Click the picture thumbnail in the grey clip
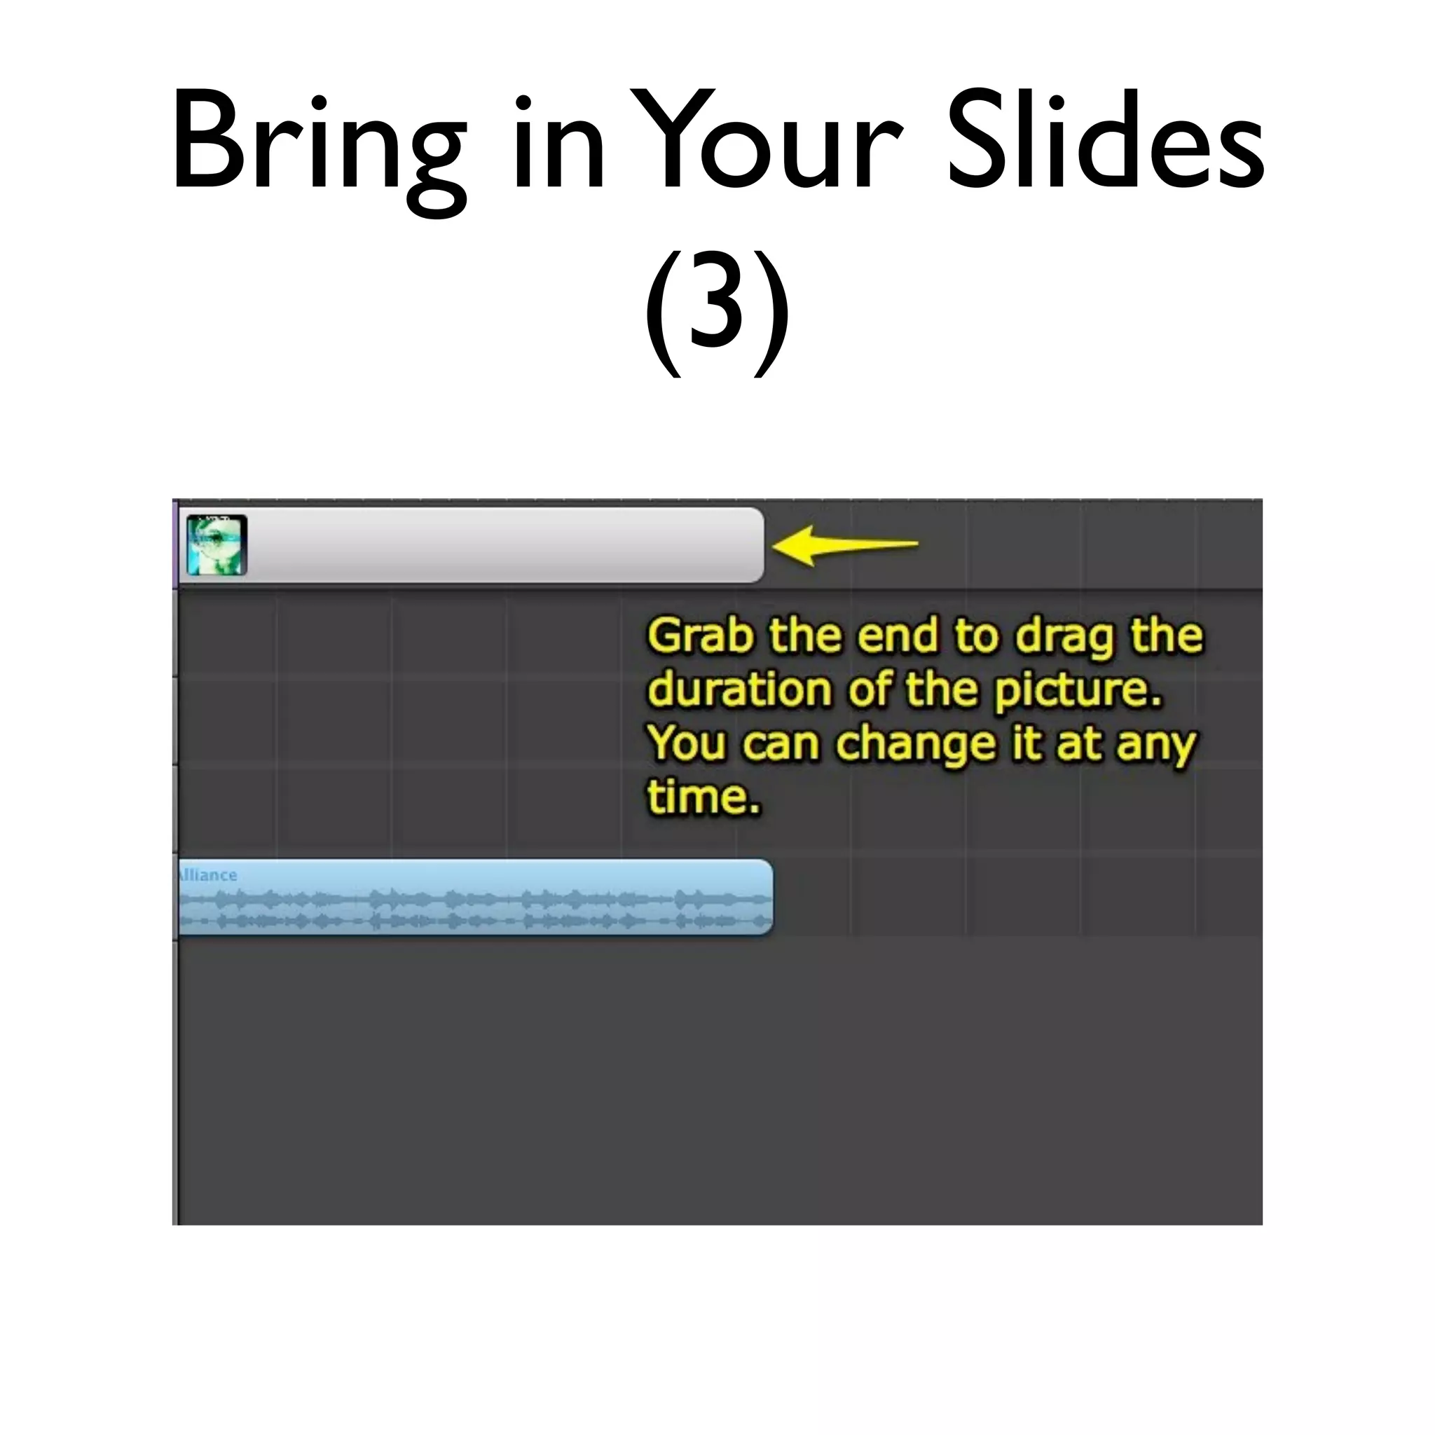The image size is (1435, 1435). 216,545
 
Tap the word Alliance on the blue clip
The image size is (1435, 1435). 208,875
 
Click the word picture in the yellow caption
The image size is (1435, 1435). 1077,692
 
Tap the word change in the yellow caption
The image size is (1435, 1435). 916,745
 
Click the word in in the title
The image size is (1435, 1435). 557,141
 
